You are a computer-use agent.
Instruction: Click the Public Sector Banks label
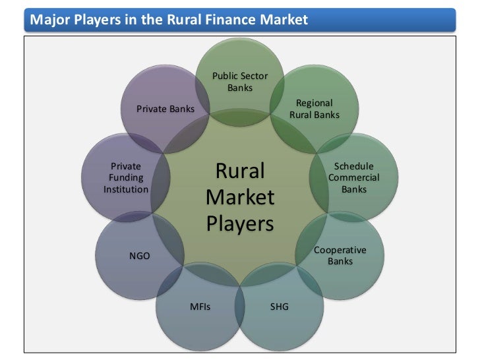tap(240, 82)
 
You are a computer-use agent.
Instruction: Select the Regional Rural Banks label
tap(315, 109)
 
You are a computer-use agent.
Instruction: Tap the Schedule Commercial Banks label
tap(354, 177)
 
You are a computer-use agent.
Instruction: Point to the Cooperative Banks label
tap(340, 256)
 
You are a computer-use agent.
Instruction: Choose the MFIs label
tap(200, 307)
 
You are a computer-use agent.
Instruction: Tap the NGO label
tap(139, 256)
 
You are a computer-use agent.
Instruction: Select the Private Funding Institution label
tap(126, 177)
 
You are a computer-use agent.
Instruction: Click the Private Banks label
tap(165, 109)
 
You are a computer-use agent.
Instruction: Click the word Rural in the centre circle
tap(240, 171)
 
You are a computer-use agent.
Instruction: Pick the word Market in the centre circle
tap(240, 198)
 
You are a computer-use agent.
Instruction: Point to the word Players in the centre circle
tap(240, 224)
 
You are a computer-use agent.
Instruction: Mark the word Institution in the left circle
tap(126, 189)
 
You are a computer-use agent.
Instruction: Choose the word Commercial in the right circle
tap(354, 178)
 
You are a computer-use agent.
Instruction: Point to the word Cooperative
tap(340, 251)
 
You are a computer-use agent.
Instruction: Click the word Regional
tap(315, 103)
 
